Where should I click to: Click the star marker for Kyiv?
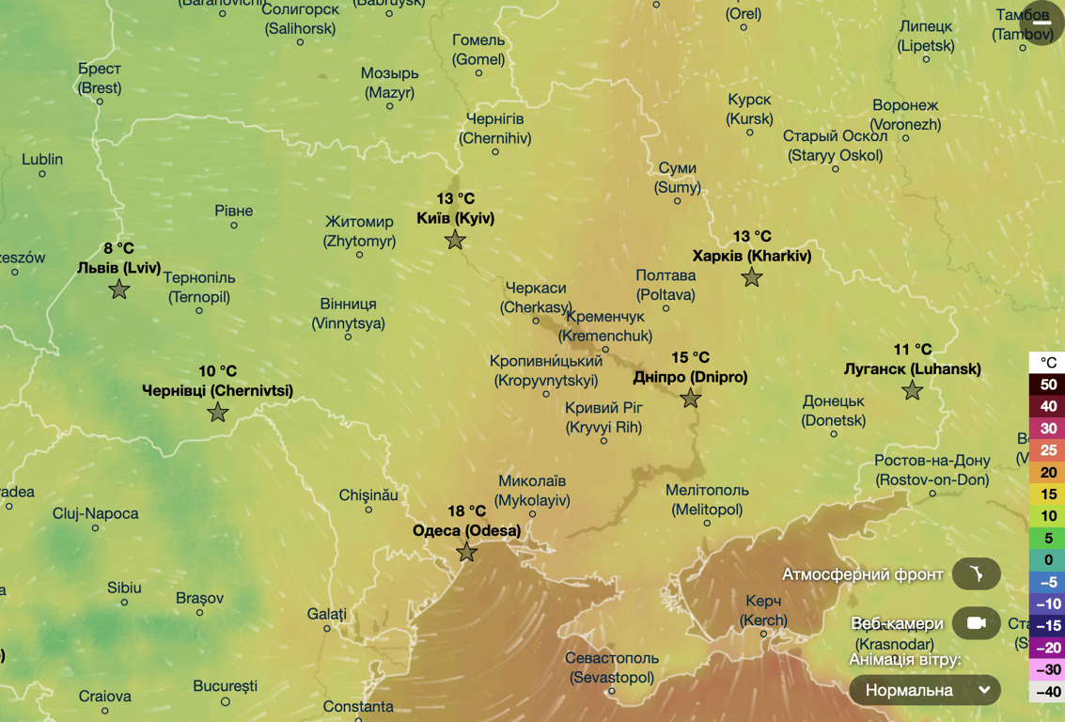coord(455,241)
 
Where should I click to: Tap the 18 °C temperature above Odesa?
coord(466,511)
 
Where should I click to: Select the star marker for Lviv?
coord(119,290)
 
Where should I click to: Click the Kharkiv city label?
coord(751,256)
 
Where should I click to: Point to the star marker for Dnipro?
coord(691,399)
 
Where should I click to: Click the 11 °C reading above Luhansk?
coord(912,350)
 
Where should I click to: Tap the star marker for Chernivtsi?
coord(218,413)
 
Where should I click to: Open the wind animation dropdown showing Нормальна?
coord(925,690)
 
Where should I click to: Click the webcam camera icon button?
coord(976,623)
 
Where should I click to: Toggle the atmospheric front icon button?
coord(976,573)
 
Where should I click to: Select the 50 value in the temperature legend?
coord(1048,385)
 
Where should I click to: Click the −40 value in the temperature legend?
coord(1048,692)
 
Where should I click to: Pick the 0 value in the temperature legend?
coord(1048,560)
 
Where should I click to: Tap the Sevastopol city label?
coord(611,667)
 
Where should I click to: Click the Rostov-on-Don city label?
coord(932,470)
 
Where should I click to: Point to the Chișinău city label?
coord(368,494)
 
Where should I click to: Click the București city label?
coord(225,686)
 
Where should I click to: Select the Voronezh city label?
coord(905,115)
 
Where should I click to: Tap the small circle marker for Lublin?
coord(42,174)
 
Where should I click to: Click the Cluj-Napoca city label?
coord(95,513)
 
